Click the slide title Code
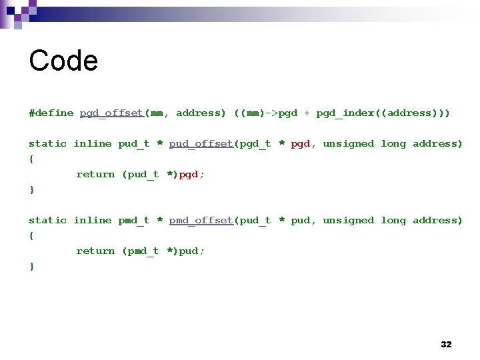tap(63, 61)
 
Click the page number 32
tap(446, 344)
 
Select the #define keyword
tap(51, 113)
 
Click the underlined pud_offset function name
tap(201, 143)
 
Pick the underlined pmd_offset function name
tap(201, 220)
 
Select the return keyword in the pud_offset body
tap(95, 174)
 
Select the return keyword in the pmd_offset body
tap(95, 251)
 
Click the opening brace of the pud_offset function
tap(31, 159)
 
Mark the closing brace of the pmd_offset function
tap(31, 266)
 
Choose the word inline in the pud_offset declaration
tap(93, 143)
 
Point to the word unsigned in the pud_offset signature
tap(348, 143)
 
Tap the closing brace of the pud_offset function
tap(31, 189)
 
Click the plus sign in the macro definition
tap(307, 113)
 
